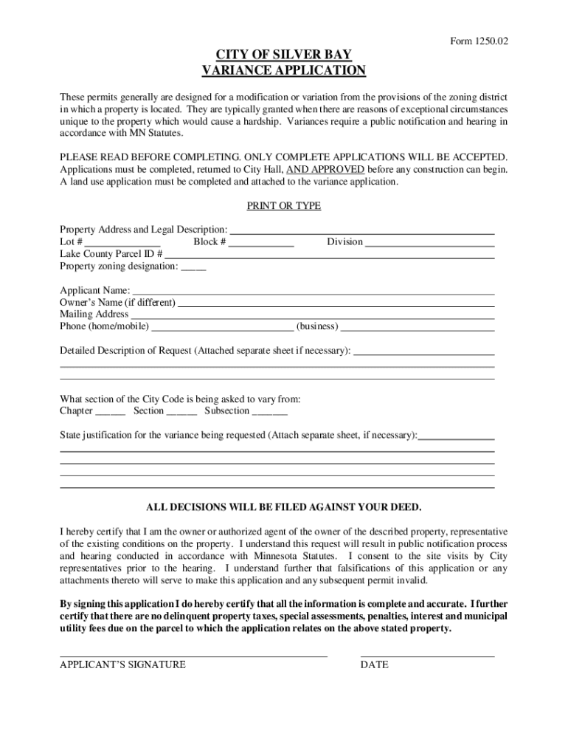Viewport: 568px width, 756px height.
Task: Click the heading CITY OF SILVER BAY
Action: [x=283, y=55]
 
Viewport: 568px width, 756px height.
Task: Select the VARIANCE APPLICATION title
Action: [x=283, y=71]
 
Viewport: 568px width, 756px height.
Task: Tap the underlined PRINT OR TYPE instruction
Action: [x=283, y=206]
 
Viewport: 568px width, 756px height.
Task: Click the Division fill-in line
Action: [x=429, y=243]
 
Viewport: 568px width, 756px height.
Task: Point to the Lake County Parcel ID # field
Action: [x=329, y=255]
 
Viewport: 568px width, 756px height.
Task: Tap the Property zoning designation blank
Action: [x=193, y=267]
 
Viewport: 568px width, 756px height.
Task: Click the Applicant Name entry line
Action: [x=313, y=291]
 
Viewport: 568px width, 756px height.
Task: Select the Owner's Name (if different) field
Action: [x=336, y=303]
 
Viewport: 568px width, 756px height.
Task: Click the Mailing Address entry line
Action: [x=313, y=315]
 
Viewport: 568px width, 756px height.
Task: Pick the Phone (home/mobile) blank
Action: [x=222, y=327]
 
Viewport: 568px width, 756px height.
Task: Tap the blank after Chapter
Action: [x=111, y=412]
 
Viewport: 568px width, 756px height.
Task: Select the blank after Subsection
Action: [x=270, y=412]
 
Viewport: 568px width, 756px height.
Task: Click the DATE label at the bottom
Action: [x=374, y=664]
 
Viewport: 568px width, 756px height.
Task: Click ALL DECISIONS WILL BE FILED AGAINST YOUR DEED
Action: [x=283, y=508]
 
